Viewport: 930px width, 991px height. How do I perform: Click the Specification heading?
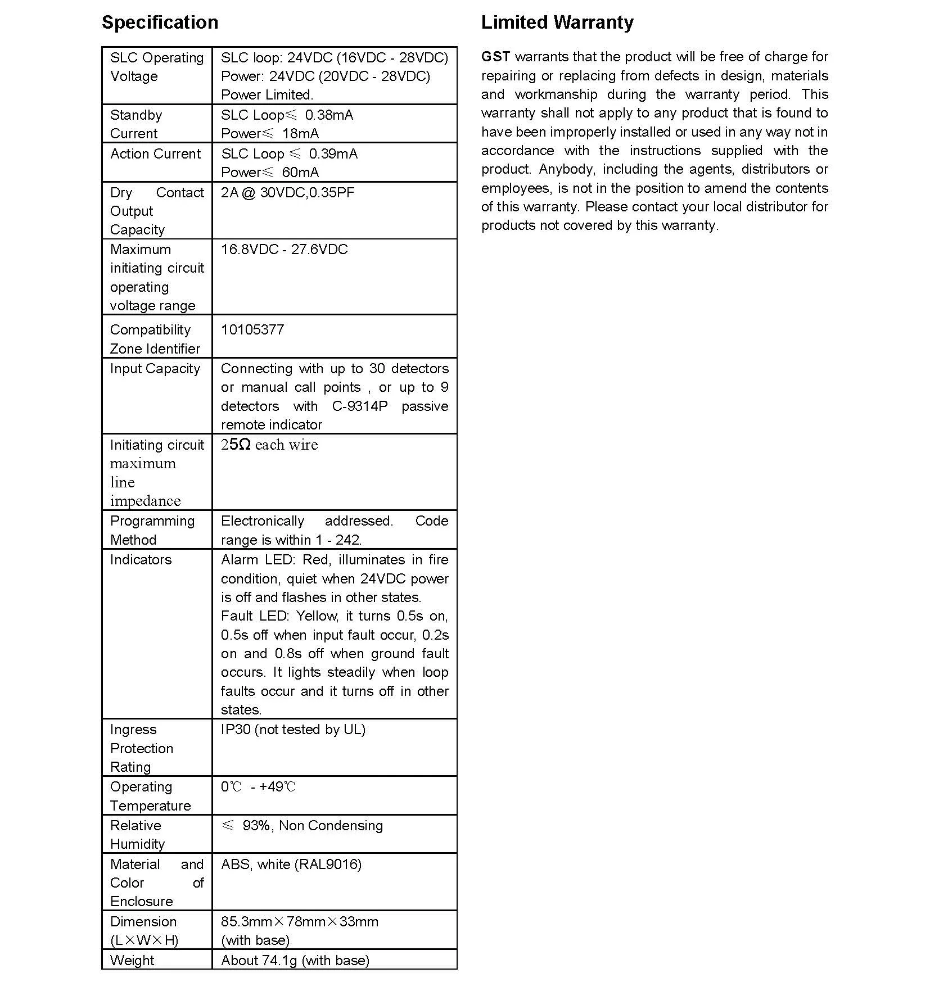click(x=160, y=22)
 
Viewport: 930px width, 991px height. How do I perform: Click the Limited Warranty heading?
click(x=557, y=22)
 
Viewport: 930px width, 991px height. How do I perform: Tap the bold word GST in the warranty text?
click(x=495, y=57)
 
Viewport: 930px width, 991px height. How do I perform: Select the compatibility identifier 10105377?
click(x=252, y=330)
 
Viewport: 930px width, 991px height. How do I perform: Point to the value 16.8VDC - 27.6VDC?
click(x=284, y=250)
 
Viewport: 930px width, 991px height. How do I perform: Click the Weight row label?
click(x=132, y=961)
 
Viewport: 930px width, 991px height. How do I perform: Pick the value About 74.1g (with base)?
click(x=295, y=961)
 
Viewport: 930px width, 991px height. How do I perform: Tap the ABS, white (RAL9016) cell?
click(x=291, y=865)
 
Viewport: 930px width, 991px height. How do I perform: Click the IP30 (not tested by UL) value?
click(x=293, y=730)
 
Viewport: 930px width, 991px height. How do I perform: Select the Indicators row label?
click(x=141, y=560)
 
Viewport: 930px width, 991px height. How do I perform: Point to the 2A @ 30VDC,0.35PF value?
click(x=287, y=193)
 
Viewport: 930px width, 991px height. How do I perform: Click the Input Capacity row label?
click(x=155, y=369)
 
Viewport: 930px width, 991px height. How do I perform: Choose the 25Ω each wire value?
click(x=269, y=445)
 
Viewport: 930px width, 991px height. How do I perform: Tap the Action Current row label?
click(x=155, y=154)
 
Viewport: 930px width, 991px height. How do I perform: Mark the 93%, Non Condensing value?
click(x=312, y=826)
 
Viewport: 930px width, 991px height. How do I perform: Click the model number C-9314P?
click(x=360, y=406)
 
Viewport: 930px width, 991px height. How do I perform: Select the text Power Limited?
click(x=267, y=95)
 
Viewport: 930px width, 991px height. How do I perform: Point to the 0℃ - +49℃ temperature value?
click(x=258, y=787)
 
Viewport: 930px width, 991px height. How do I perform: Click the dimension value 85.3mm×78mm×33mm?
click(x=300, y=922)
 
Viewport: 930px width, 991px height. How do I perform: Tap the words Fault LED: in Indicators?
click(x=255, y=616)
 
